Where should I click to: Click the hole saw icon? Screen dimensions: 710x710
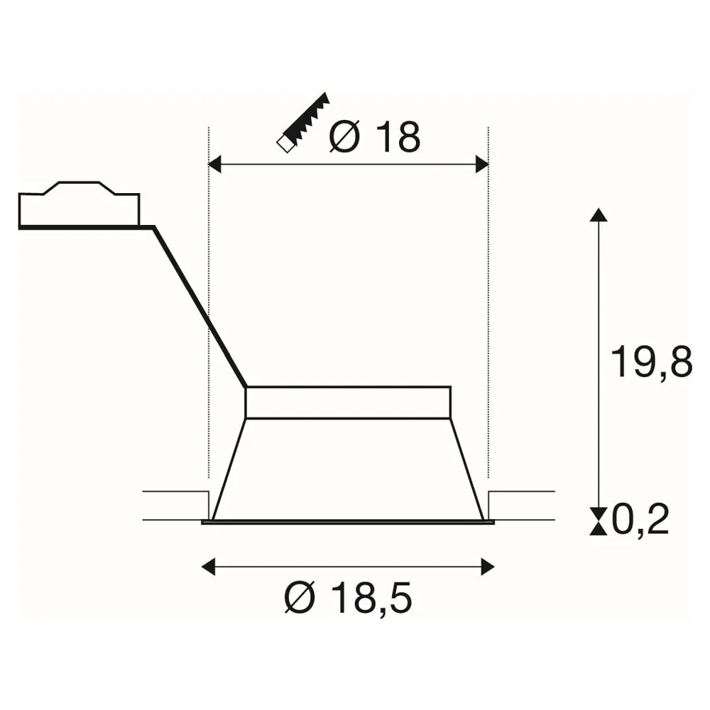coord(302,123)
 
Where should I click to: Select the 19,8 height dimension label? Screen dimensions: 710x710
coord(651,361)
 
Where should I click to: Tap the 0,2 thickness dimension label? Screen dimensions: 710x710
coord(640,519)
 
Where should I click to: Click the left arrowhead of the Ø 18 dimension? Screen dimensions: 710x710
coord(214,164)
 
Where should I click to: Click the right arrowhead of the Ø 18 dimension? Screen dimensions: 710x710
coord(482,164)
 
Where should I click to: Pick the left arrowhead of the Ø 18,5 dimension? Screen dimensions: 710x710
coord(208,567)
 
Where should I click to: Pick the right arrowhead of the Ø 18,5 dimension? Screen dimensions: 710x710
coord(488,567)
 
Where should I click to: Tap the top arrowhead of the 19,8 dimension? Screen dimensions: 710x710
coord(599,214)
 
